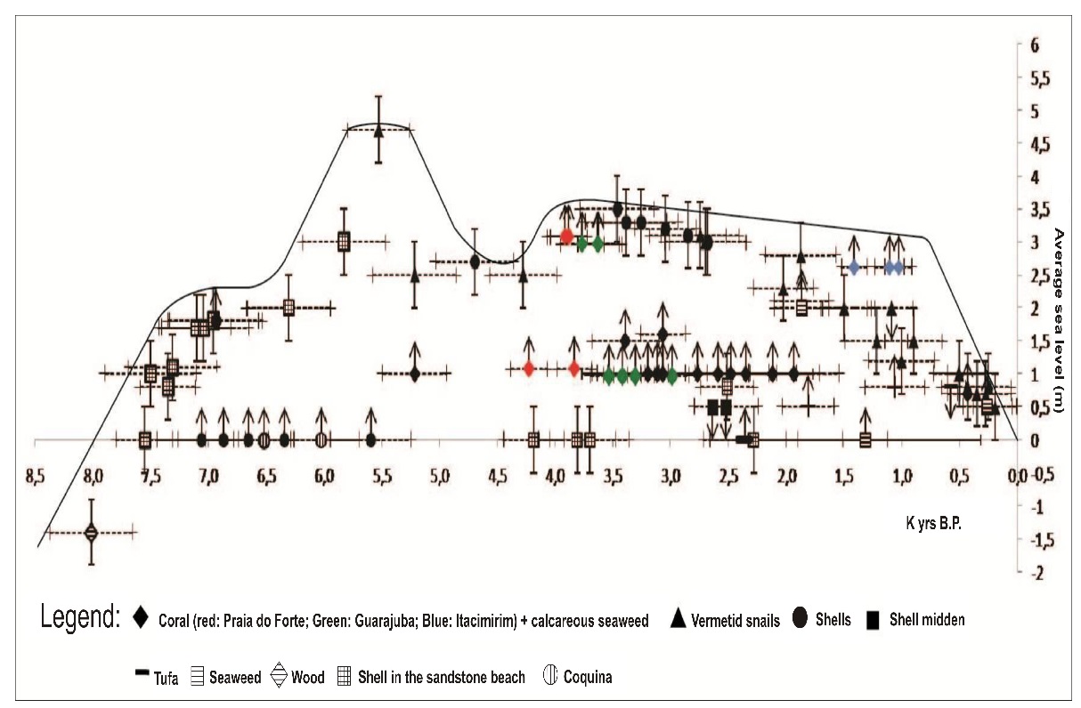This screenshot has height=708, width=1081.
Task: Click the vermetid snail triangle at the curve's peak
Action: point(378,130)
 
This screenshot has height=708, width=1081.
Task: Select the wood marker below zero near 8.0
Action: point(91,533)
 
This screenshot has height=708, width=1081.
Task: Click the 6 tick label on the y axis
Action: point(1035,46)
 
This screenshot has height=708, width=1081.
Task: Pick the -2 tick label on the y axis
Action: point(1035,574)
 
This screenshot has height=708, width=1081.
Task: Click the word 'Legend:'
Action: point(79,618)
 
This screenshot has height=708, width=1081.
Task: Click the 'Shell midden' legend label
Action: point(926,619)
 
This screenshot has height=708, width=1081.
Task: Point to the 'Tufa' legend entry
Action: point(165,678)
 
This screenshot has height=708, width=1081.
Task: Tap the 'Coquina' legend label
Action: point(587,678)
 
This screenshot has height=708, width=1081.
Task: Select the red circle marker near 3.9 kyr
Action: point(566,237)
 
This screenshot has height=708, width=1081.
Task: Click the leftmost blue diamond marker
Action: point(854,267)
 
